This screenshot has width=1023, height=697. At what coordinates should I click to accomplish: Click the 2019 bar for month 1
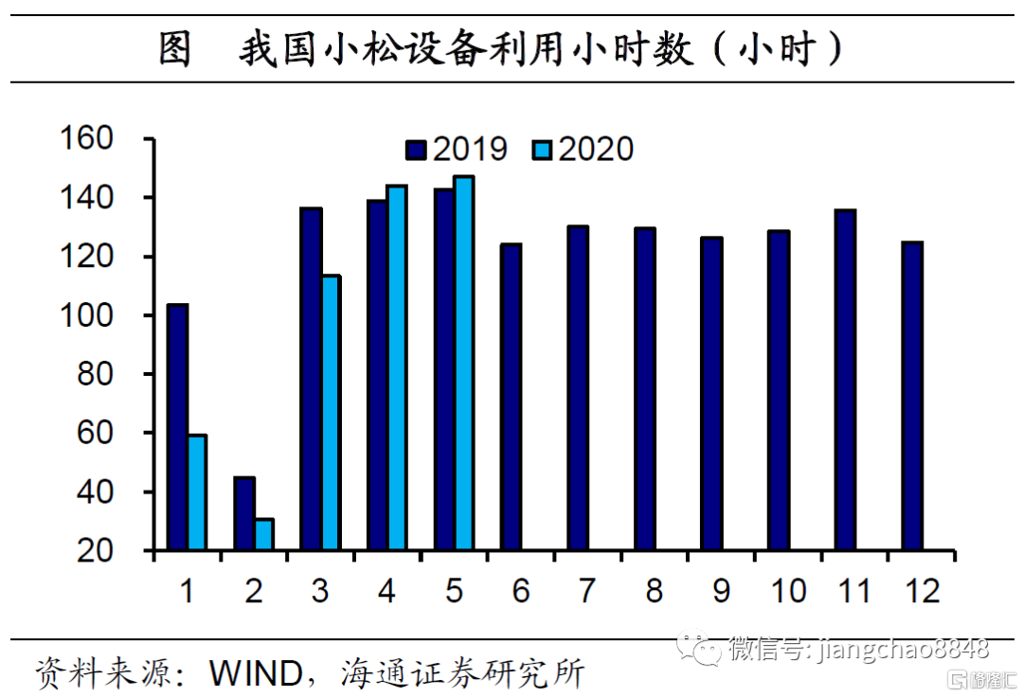(x=177, y=427)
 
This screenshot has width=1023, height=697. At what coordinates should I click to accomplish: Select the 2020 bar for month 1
(x=196, y=492)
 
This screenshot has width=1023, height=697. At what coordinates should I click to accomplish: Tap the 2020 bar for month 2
(x=263, y=534)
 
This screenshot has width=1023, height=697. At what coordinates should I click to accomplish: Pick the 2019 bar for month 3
(x=311, y=379)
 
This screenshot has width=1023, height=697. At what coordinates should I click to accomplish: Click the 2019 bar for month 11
(x=845, y=380)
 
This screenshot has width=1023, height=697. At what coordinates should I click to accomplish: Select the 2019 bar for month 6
(x=511, y=397)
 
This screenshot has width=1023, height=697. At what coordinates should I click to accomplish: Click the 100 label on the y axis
(x=87, y=315)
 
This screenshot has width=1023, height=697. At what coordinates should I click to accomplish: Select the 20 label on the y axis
(x=95, y=551)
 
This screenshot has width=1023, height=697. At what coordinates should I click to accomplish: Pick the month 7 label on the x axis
(x=587, y=591)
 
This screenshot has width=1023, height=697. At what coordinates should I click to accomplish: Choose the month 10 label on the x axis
(x=787, y=591)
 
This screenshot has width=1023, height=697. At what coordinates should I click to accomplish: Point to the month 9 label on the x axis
(x=721, y=591)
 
